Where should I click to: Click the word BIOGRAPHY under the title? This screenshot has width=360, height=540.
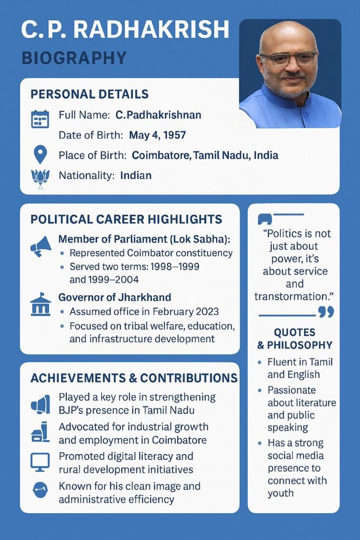(74, 57)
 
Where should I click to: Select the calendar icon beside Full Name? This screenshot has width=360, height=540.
(40, 119)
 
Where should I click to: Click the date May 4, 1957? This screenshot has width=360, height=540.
(157, 135)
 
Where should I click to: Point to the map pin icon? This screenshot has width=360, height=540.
(40, 155)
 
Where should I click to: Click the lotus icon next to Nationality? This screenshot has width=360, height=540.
(40, 178)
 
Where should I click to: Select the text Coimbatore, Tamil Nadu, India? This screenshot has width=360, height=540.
(205, 156)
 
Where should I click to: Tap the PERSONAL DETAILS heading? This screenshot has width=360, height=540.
(90, 94)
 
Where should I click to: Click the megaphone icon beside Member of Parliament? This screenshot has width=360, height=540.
(41, 245)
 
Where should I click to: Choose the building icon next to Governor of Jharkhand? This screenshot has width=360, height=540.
(41, 305)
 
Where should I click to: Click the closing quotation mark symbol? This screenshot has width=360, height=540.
(326, 312)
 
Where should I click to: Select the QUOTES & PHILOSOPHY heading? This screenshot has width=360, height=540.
(294, 339)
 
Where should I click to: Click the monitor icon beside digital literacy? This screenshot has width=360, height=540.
(40, 462)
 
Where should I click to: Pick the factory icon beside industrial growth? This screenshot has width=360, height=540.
(41, 432)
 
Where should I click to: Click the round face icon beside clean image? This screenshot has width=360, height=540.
(40, 491)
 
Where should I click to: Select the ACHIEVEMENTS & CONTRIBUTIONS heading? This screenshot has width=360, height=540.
(134, 378)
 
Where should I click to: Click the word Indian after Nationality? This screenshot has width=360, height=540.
(135, 176)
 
